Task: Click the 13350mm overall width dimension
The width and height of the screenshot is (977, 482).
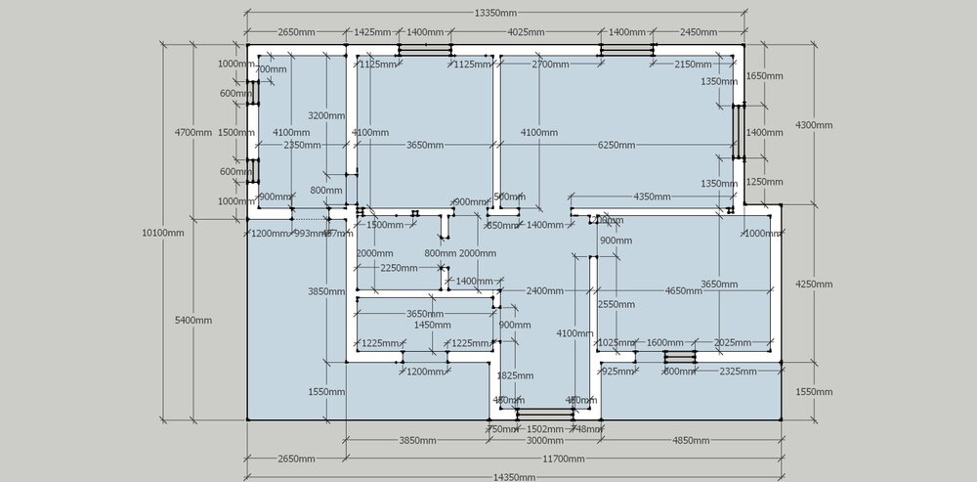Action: (495, 13)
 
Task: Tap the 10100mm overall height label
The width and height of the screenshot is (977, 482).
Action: (163, 233)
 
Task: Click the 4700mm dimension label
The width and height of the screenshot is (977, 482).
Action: (193, 132)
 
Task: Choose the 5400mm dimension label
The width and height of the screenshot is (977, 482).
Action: (193, 320)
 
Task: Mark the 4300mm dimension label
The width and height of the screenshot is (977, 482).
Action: (814, 125)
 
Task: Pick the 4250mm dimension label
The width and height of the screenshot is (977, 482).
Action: (814, 285)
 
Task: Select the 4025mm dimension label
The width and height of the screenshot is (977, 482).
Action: (525, 32)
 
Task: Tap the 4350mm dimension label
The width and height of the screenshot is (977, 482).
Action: (652, 197)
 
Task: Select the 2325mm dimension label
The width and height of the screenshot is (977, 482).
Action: (737, 372)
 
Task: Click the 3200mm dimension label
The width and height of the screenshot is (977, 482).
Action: (326, 115)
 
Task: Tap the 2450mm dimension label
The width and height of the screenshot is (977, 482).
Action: (699, 32)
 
